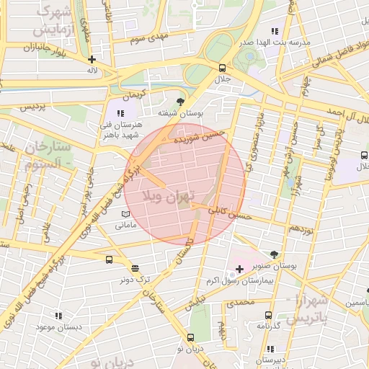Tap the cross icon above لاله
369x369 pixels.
pos(92,60)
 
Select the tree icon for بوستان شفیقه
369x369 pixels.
pos(179,101)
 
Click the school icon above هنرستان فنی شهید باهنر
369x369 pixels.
pos(120,113)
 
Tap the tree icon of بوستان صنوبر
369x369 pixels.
pos(274,254)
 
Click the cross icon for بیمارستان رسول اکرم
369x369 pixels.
pos(240,269)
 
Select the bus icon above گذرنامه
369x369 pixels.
pos(268,315)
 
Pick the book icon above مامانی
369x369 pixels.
pos(125,215)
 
